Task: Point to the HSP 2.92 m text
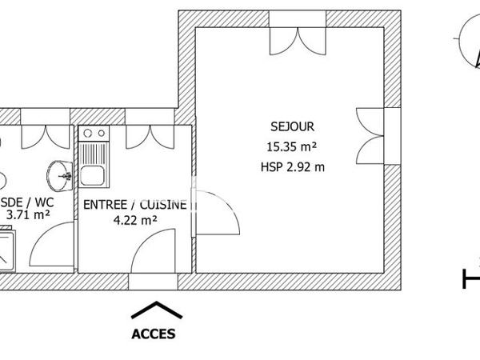click(292, 167)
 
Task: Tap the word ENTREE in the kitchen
click(106, 205)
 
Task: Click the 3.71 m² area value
click(28, 214)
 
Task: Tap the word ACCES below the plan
click(154, 334)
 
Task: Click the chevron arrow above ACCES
click(154, 310)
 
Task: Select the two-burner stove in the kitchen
click(96, 134)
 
